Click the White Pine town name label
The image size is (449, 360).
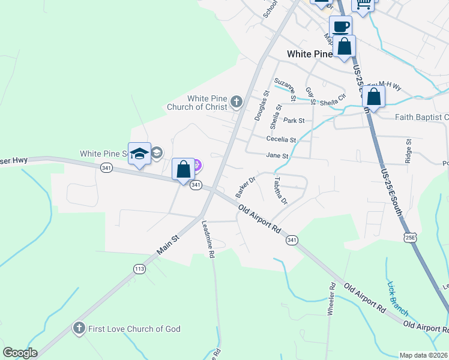click(x=309, y=54)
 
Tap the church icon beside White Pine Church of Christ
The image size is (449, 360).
click(x=237, y=102)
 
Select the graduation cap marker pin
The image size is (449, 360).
click(x=139, y=154)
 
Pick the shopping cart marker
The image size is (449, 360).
click(x=363, y=4)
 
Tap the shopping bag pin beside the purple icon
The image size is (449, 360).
click(x=184, y=169)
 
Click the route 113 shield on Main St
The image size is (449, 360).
click(x=139, y=269)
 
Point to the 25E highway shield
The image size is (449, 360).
click(x=410, y=238)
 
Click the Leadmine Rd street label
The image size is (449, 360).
click(x=208, y=238)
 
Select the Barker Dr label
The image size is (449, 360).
click(x=246, y=187)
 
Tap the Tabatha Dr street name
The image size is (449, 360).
click(x=280, y=190)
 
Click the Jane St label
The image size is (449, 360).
click(x=278, y=155)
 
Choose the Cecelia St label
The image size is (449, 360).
click(x=282, y=139)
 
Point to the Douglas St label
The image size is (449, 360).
click(x=261, y=107)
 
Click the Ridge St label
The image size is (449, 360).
click(x=409, y=151)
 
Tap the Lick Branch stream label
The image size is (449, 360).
click(x=398, y=299)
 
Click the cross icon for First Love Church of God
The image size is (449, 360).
click(x=78, y=328)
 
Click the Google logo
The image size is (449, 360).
click(x=20, y=353)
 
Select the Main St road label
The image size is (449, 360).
click(x=168, y=247)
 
